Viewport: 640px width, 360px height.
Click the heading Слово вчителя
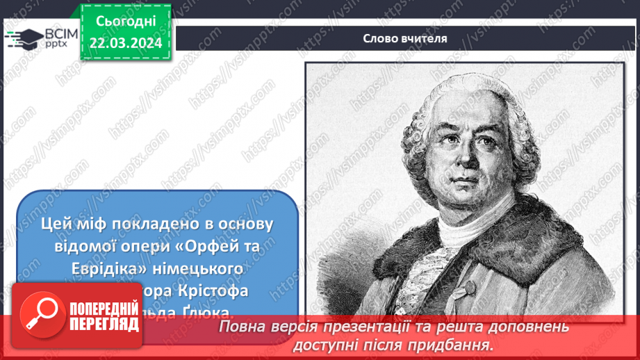click(404, 38)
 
